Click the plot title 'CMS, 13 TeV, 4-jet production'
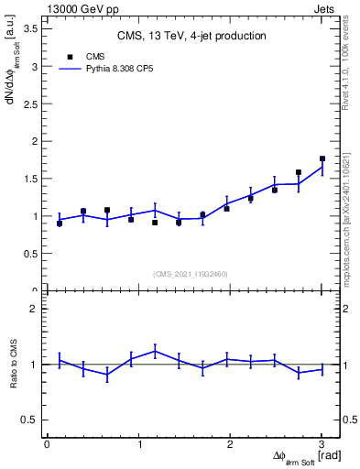[191, 36]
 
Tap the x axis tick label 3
[322, 444]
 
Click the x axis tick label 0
[47, 444]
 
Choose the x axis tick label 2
[230, 444]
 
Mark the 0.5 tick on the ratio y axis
[29, 420]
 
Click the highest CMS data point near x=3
[322, 158]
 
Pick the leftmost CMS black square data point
[60, 223]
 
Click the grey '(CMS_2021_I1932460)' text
[191, 273]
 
